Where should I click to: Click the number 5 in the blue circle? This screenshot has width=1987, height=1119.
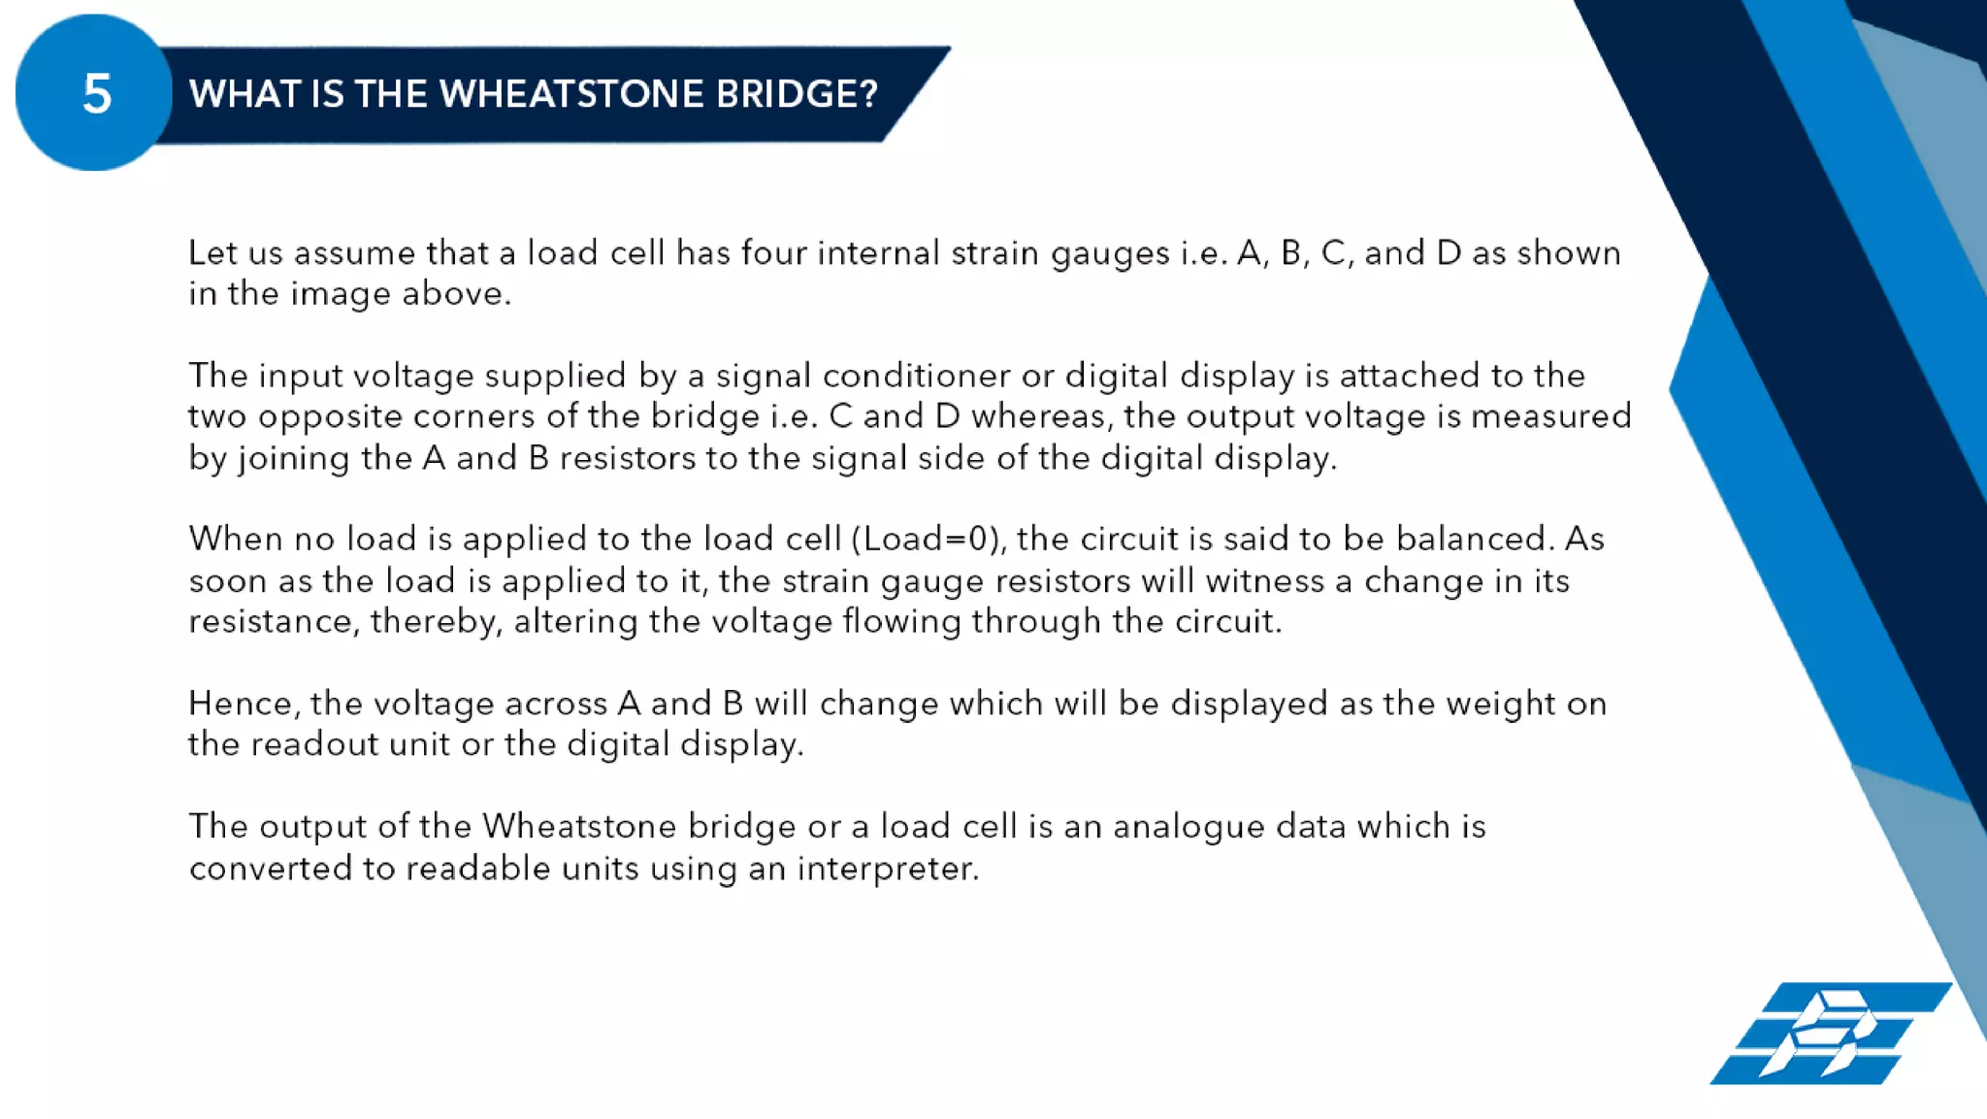[x=96, y=94]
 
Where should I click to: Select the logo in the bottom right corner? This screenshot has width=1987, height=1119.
[x=1830, y=1033]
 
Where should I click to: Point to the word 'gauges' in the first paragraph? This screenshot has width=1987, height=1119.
[x=1110, y=254]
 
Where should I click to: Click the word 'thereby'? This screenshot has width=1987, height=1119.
[x=436, y=621]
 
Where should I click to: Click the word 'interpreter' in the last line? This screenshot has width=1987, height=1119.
[x=887, y=868]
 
